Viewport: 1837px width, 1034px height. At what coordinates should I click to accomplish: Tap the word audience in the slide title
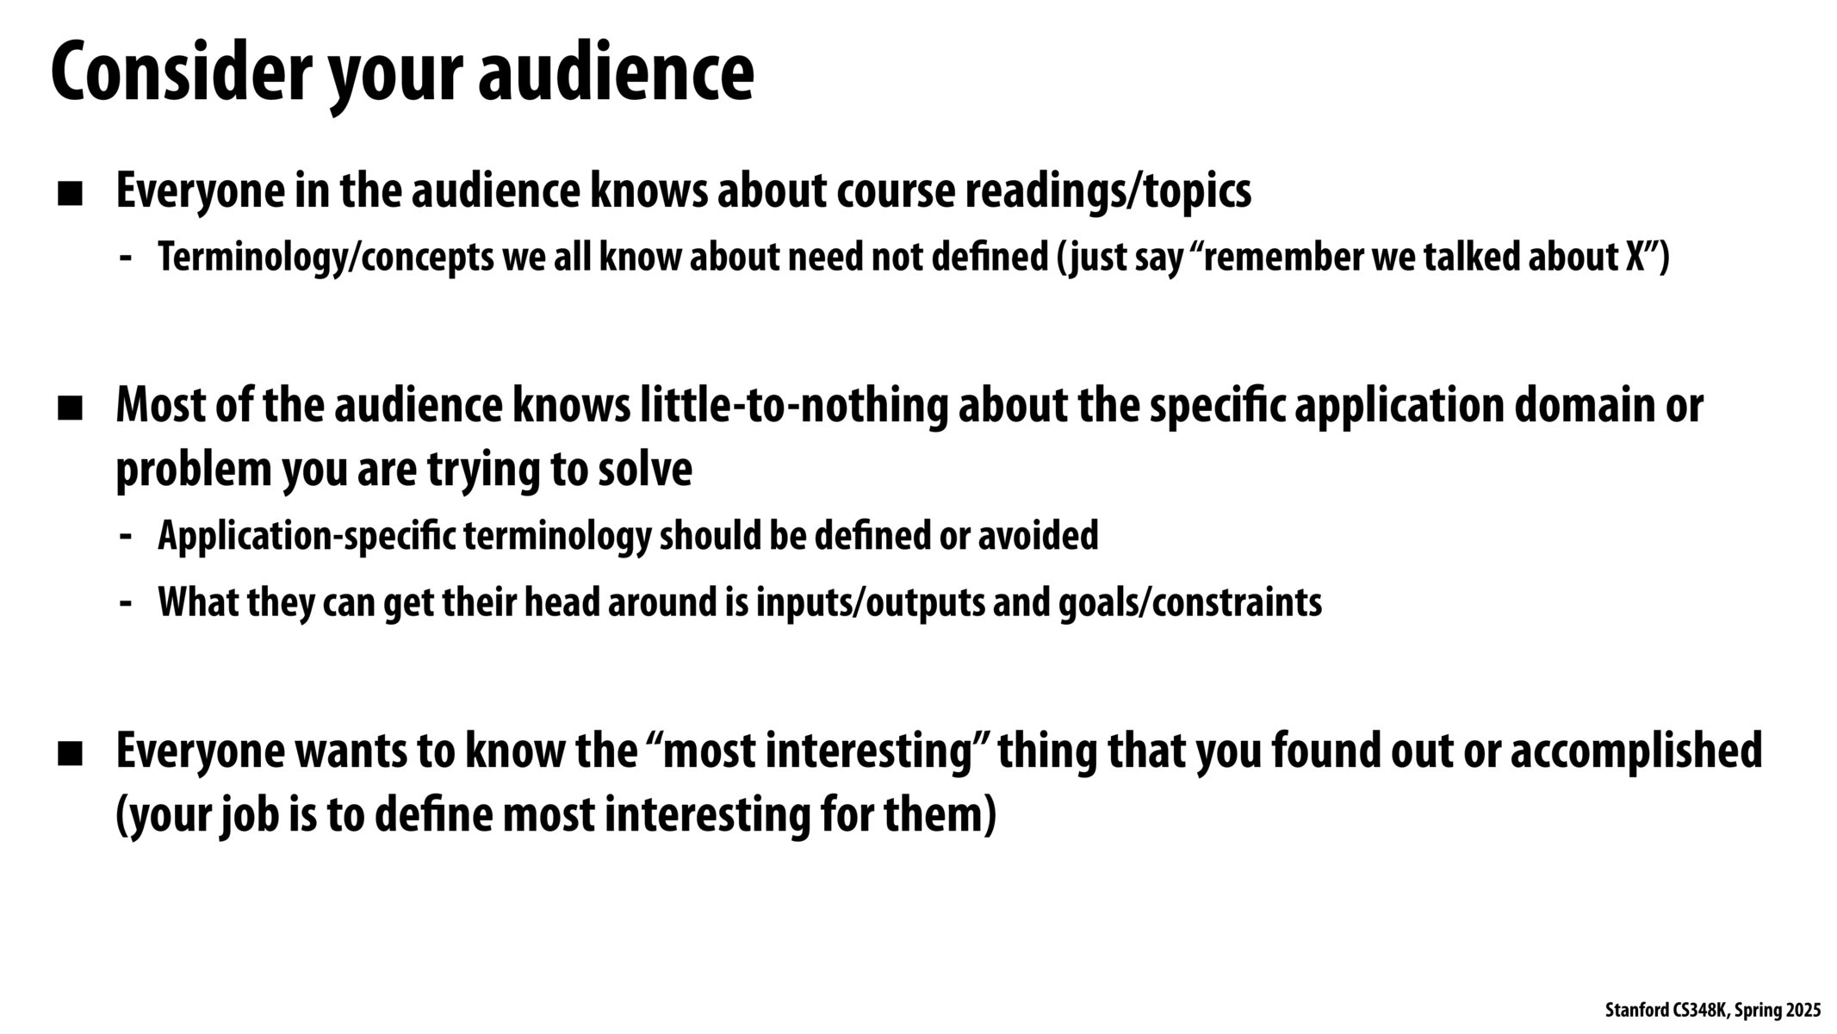pos(615,74)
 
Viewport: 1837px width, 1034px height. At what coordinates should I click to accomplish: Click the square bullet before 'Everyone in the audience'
pos(70,194)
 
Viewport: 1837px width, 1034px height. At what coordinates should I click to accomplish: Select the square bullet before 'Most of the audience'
pos(70,408)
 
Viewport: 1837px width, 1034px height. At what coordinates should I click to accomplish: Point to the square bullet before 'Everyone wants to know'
pos(70,755)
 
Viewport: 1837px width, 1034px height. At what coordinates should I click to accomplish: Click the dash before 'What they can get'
pos(126,603)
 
